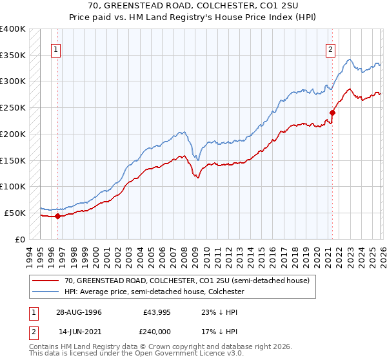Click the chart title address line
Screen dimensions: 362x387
(x=193, y=6)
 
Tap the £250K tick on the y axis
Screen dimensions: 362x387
(x=13, y=107)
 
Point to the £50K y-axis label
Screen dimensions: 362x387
(x=15, y=213)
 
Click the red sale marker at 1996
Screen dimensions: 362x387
(x=57, y=216)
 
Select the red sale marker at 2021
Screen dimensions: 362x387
(x=332, y=112)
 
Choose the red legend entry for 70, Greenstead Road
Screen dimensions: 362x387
(x=187, y=281)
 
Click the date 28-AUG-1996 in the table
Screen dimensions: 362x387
(x=79, y=312)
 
